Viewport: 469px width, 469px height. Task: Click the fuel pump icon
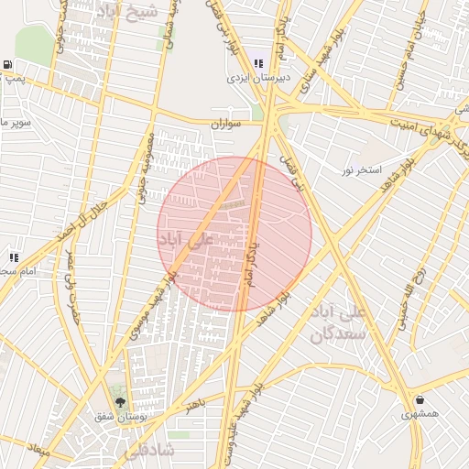click(8, 65)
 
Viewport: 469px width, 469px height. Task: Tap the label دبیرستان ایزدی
click(259, 79)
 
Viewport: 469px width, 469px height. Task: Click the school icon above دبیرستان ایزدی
click(259, 63)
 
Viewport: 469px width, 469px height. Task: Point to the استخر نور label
click(361, 169)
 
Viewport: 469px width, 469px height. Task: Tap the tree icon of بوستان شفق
click(119, 401)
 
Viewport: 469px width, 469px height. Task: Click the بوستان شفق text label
click(118, 417)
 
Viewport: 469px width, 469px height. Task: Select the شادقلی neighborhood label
click(147, 450)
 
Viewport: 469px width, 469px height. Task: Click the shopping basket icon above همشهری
click(420, 399)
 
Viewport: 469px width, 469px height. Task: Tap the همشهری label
click(420, 415)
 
